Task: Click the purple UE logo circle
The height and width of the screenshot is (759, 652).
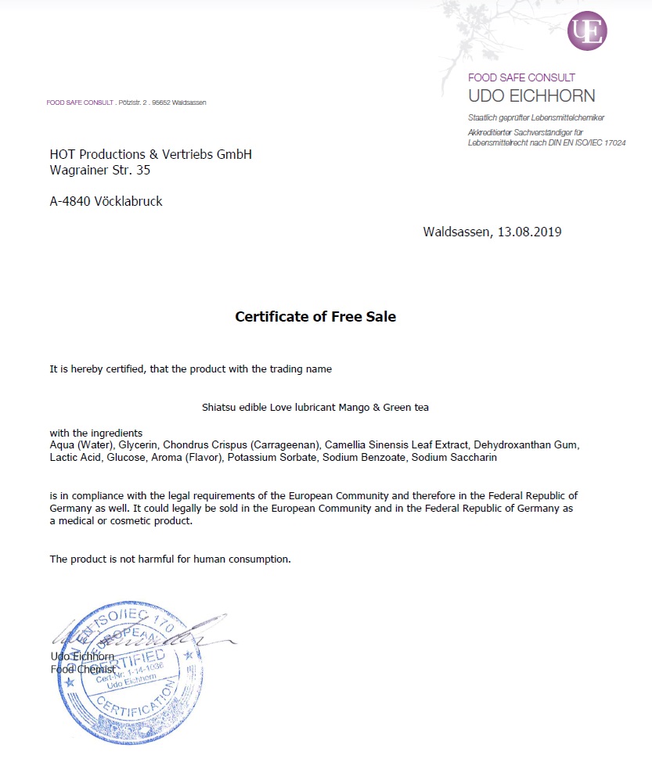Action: (587, 31)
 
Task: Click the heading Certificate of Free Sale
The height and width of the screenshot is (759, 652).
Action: (315, 317)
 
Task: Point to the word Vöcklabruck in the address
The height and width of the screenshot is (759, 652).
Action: (128, 201)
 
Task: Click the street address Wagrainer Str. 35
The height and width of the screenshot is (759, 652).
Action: (99, 169)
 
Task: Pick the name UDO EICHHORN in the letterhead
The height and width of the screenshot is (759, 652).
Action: (531, 96)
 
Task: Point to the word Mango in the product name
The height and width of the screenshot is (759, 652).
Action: (348, 408)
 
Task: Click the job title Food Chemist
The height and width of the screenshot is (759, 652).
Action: (82, 669)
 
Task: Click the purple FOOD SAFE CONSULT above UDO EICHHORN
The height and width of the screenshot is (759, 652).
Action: (521, 77)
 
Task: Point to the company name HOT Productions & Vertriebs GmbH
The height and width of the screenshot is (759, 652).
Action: (150, 154)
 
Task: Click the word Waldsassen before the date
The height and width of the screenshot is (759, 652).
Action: (456, 232)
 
